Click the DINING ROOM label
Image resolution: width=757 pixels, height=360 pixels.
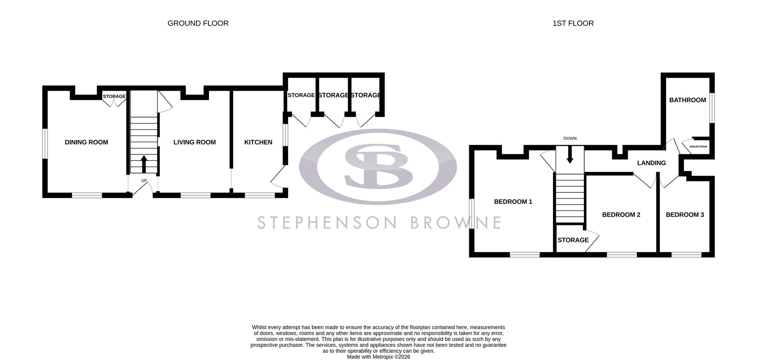(x=86, y=142)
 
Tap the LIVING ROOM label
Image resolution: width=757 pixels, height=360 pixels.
(x=194, y=142)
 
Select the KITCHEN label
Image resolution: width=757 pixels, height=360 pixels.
(x=258, y=142)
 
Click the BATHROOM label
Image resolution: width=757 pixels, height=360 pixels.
(x=687, y=100)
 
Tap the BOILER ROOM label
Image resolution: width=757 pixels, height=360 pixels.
(x=698, y=147)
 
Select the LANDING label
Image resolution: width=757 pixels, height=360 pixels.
(x=651, y=163)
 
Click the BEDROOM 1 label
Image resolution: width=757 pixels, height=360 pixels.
(x=513, y=202)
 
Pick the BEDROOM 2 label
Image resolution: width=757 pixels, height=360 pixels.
(x=621, y=215)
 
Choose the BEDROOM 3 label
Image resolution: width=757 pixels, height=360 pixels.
(x=685, y=215)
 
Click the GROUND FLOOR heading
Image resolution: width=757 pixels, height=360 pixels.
(x=198, y=23)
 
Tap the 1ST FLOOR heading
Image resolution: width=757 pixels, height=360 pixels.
(x=573, y=23)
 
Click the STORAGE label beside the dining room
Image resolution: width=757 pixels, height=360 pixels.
(x=114, y=96)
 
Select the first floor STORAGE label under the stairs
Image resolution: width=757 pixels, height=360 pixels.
(x=573, y=240)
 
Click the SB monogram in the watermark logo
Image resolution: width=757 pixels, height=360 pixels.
(x=378, y=166)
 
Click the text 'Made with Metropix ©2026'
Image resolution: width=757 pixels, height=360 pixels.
(x=378, y=357)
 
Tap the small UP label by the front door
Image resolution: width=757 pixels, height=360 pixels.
(x=144, y=181)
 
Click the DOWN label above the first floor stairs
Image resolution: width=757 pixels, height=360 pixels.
(x=570, y=138)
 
